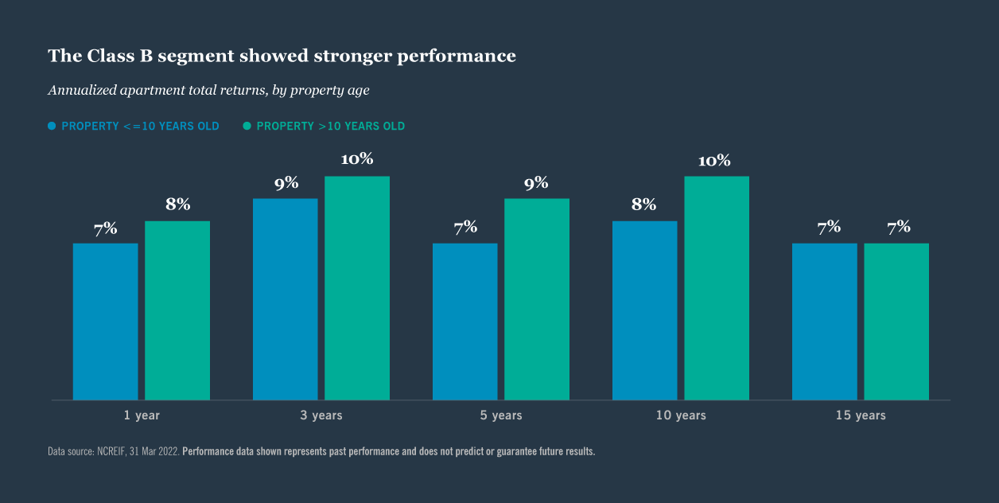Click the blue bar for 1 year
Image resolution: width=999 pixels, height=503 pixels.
pyautogui.click(x=105, y=321)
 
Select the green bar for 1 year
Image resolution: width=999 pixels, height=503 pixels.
pyautogui.click(x=177, y=310)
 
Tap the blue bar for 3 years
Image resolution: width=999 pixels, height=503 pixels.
pyautogui.click(x=285, y=298)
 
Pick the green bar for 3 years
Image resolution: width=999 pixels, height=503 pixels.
pyautogui.click(x=357, y=287)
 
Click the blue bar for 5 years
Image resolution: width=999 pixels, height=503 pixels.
pyautogui.click(x=465, y=321)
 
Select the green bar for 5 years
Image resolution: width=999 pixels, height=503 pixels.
pyautogui.click(x=537, y=298)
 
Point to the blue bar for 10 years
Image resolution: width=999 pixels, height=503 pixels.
pyautogui.click(x=644, y=310)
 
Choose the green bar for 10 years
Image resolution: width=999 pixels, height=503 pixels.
pyautogui.click(x=717, y=287)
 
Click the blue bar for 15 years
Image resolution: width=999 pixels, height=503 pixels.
pyautogui.click(x=824, y=321)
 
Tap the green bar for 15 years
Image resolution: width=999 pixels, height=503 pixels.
pyautogui.click(x=896, y=321)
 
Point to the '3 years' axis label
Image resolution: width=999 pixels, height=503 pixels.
pyautogui.click(x=321, y=415)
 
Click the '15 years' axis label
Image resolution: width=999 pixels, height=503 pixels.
pyautogui.click(x=860, y=415)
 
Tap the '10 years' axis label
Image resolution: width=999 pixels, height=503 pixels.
pyautogui.click(x=680, y=415)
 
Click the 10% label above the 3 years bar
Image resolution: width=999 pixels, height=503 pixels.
pyautogui.click(x=357, y=159)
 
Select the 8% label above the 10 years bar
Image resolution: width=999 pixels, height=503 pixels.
pyautogui.click(x=644, y=205)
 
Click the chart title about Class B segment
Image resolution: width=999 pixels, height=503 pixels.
pyautogui.click(x=282, y=56)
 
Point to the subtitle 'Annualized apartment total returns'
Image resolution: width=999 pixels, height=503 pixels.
pyautogui.click(x=208, y=90)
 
